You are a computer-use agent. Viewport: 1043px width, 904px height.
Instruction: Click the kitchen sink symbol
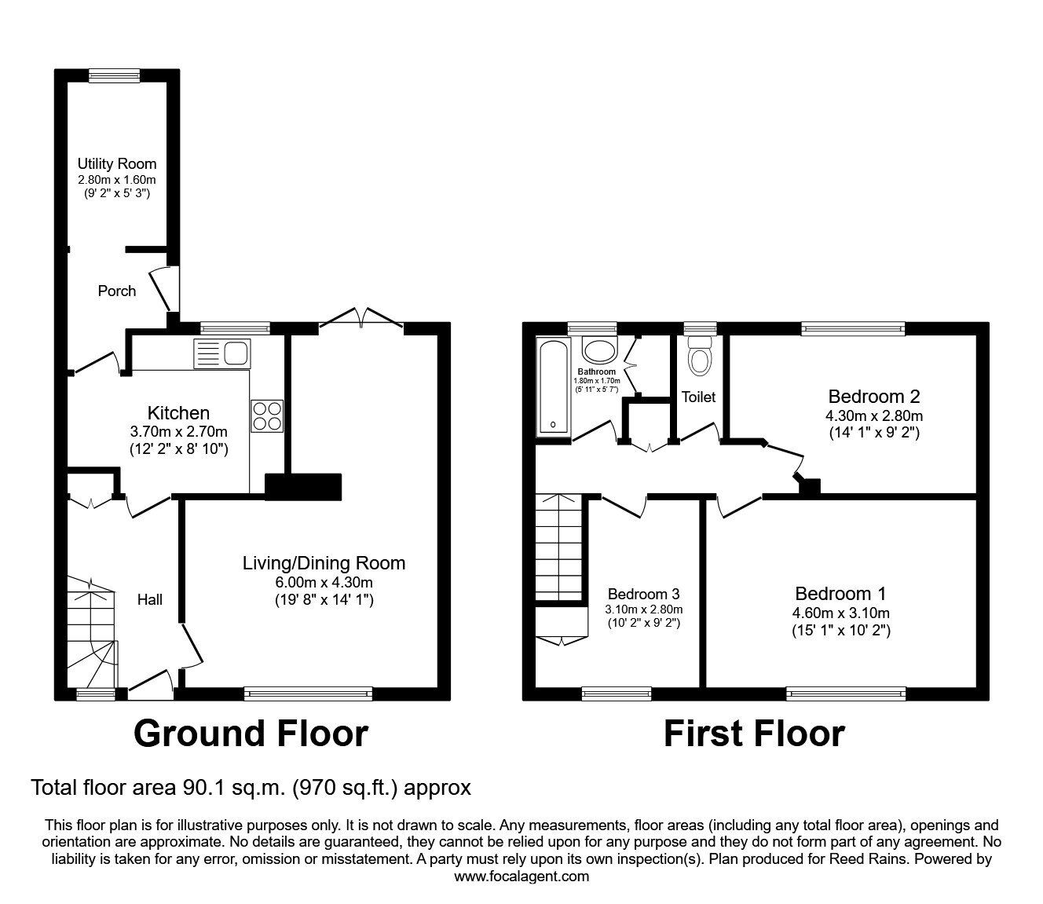click(x=222, y=353)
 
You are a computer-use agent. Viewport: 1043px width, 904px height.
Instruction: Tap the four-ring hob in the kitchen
click(x=267, y=415)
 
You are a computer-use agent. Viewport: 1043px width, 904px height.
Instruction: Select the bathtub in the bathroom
click(x=554, y=386)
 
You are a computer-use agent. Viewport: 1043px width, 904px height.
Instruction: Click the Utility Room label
click(x=116, y=163)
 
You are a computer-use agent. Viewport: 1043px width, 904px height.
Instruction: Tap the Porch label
click(x=116, y=291)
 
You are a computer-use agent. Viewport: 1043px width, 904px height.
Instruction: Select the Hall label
click(x=150, y=599)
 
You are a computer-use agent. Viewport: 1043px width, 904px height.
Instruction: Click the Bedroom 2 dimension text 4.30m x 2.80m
click(x=873, y=415)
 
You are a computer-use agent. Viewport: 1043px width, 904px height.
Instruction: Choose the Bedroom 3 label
click(x=643, y=594)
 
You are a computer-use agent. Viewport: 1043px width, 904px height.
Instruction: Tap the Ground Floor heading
click(x=251, y=734)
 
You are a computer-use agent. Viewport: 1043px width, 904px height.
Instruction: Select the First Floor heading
click(x=754, y=734)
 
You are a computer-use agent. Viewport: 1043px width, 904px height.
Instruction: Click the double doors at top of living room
click(x=361, y=317)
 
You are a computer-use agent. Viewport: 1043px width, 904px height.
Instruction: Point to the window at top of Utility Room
click(x=114, y=75)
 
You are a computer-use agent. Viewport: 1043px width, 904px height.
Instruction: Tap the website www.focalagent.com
click(x=521, y=877)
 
